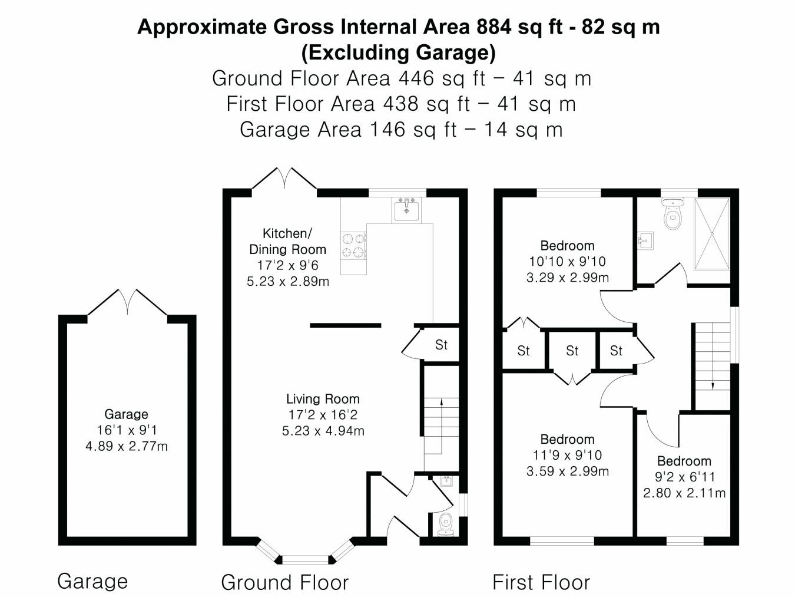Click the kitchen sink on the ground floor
(406, 210)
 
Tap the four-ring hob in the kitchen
(353, 245)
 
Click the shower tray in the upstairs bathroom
(712, 233)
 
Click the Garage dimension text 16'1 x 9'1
(127, 430)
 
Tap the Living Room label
(323, 399)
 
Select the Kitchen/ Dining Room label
(287, 242)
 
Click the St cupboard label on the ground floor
(441, 345)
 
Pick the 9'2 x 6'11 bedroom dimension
(684, 477)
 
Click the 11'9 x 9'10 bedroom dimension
(567, 455)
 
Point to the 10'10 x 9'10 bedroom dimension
(567, 261)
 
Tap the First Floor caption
(541, 582)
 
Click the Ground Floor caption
(284, 582)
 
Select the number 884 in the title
(494, 27)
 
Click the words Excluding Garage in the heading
(399, 52)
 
